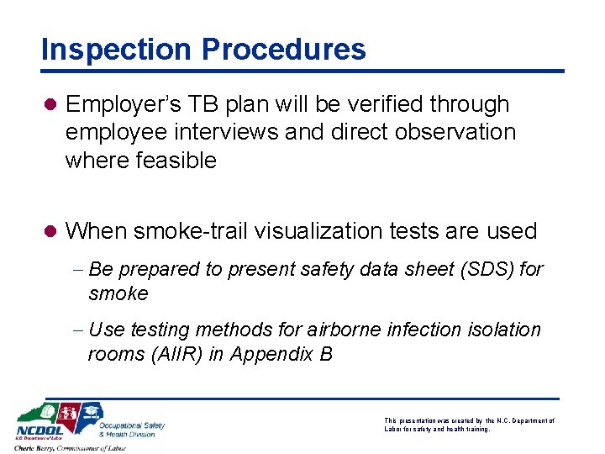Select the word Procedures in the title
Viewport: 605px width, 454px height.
coord(283,50)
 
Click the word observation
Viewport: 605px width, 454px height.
coord(453,132)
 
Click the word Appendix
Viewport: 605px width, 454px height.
coord(267,355)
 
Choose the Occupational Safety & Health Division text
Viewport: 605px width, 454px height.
coord(132,430)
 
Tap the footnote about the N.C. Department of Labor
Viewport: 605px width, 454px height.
coord(469,425)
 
